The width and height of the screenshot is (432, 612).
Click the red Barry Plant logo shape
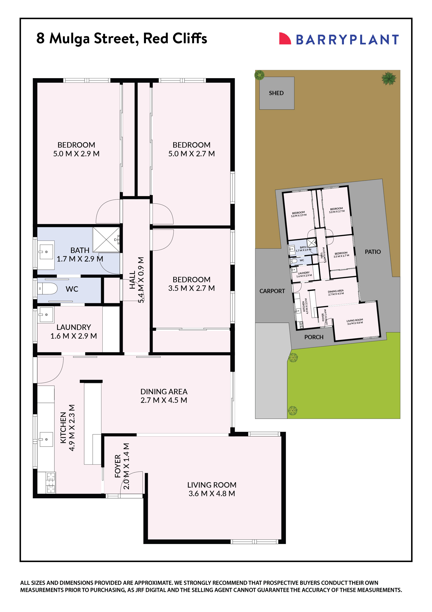pos(284,39)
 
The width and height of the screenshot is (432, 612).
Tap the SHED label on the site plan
pos(276,93)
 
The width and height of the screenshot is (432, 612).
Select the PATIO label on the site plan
pos(373,252)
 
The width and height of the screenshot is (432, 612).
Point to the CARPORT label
pos(272,291)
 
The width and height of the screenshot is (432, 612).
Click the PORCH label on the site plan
pos(314,337)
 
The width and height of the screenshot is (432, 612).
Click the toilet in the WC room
pos(48,289)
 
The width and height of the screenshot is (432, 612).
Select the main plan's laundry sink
pos(46,315)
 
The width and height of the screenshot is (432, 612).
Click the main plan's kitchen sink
pos(46,439)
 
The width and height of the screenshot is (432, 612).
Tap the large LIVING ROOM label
pos(212,485)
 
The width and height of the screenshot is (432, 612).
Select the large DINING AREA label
pos(164,391)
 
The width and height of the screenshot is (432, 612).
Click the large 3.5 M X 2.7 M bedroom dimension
pos(191,288)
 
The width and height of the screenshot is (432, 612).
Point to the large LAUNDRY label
pos(74,327)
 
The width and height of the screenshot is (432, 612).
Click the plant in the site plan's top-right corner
pos(389,78)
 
